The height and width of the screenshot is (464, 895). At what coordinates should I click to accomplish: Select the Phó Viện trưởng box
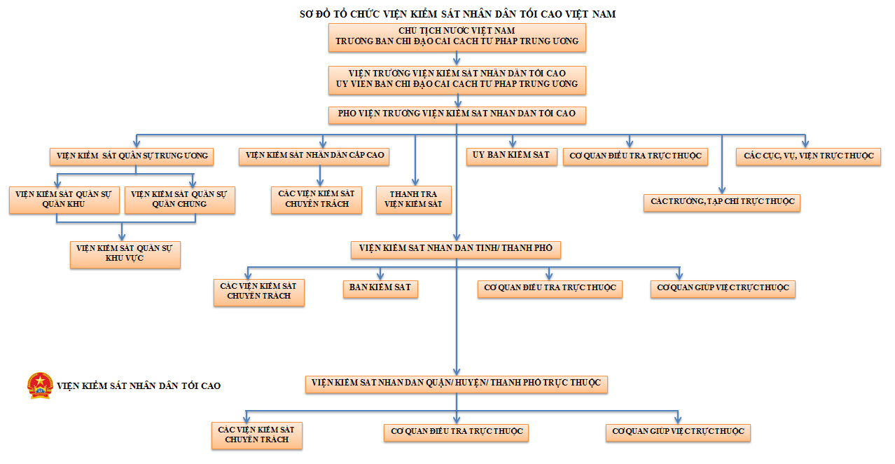[x=457, y=114]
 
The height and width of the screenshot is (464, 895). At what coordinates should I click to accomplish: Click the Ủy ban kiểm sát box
[x=511, y=156]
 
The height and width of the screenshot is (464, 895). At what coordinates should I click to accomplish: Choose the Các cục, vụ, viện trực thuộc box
[x=807, y=156]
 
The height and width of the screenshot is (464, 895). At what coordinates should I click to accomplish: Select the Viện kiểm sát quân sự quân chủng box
[x=179, y=200]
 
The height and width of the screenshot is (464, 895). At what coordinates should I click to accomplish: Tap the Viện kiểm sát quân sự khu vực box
[x=125, y=254]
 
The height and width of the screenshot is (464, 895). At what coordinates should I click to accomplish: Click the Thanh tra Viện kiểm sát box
[x=413, y=200]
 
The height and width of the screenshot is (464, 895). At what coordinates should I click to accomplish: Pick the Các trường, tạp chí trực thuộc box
[x=722, y=203]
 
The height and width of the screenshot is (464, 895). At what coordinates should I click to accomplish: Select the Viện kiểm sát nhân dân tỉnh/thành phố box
[x=456, y=249]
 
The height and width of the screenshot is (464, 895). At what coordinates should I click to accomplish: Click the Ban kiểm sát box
[x=380, y=289]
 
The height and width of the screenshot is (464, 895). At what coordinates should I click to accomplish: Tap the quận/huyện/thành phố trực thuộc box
[x=456, y=383]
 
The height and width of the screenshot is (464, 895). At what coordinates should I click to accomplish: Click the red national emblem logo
[x=40, y=385]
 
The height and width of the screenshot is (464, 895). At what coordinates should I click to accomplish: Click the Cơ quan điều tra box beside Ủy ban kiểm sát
[x=635, y=156]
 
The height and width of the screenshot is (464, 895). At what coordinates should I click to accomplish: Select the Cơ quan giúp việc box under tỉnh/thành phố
[x=722, y=289]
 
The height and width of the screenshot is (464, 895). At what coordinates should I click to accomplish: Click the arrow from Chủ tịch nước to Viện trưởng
[x=457, y=59]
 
